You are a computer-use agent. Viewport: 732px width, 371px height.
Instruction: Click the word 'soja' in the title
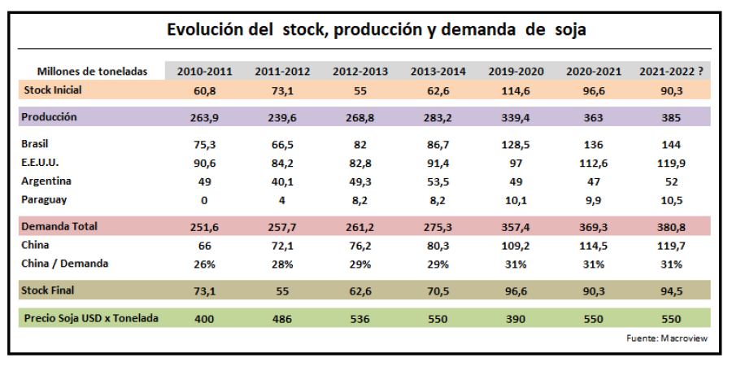click(568, 30)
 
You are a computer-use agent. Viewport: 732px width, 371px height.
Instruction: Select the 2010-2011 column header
click(204, 72)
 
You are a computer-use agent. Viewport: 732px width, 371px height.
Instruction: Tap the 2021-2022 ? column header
click(673, 72)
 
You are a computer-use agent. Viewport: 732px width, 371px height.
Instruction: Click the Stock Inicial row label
click(53, 89)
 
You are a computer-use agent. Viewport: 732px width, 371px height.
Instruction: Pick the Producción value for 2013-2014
click(438, 117)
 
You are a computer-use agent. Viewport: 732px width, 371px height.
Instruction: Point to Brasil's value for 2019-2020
click(516, 145)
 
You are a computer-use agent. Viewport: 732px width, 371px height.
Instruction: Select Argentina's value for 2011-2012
click(282, 181)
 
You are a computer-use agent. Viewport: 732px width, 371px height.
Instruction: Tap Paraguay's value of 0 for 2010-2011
click(204, 200)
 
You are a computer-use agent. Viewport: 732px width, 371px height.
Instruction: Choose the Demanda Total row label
click(60, 226)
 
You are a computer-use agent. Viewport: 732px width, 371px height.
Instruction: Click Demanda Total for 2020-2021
click(594, 227)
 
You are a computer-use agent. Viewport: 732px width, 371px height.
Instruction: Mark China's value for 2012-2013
click(359, 245)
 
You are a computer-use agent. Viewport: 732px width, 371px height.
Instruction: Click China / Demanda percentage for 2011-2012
click(282, 264)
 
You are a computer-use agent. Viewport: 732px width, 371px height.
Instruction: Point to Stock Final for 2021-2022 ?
click(672, 290)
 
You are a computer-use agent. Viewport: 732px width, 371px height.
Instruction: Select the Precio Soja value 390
click(516, 319)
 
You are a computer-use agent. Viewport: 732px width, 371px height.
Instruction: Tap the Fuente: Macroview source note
click(662, 338)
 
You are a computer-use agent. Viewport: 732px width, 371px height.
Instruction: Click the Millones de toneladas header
click(93, 72)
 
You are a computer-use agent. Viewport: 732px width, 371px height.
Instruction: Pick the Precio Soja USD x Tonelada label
click(89, 318)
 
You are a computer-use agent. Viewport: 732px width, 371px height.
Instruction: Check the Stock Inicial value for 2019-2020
click(516, 89)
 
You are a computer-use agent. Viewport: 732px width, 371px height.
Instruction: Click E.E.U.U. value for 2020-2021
click(594, 163)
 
